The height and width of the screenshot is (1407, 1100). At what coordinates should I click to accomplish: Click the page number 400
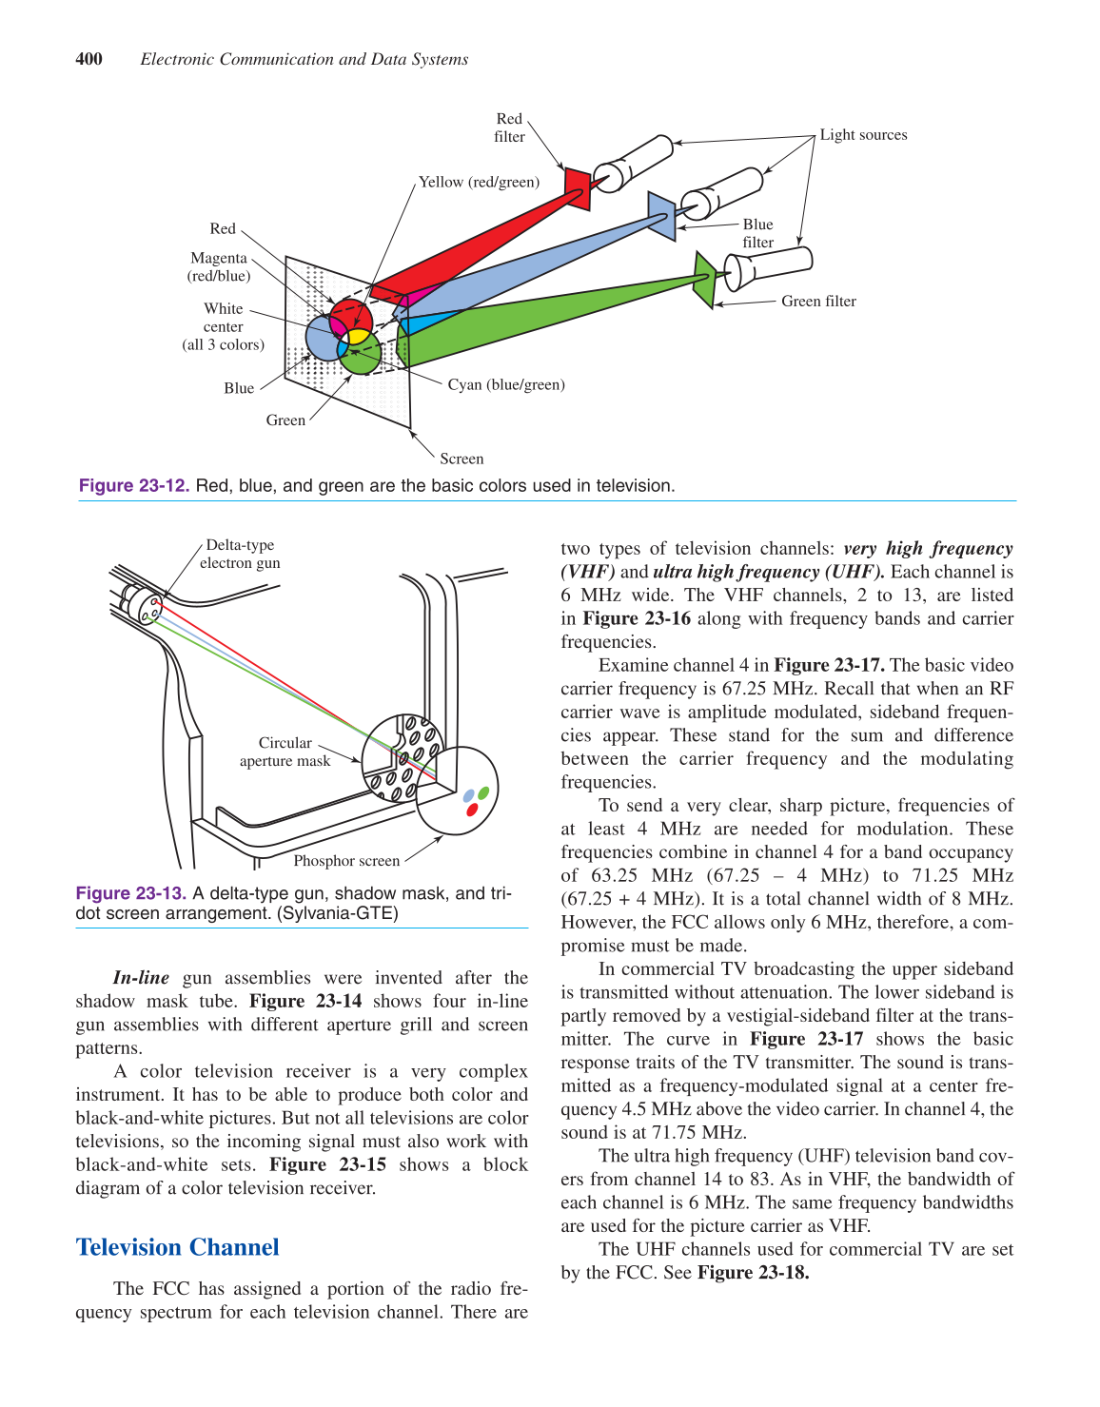click(x=88, y=59)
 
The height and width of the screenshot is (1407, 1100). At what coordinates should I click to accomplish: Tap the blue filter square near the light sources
click(x=661, y=215)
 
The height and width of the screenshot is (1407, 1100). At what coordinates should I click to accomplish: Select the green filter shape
click(x=704, y=280)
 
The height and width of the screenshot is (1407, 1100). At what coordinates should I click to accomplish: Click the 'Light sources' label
click(x=863, y=135)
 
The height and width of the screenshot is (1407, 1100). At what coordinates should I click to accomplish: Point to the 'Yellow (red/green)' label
click(x=479, y=182)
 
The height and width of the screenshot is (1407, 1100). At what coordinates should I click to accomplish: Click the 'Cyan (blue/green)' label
click(x=506, y=384)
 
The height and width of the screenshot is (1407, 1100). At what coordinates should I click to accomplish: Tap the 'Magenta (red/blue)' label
click(x=219, y=267)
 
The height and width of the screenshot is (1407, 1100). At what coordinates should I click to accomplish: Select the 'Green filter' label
click(x=818, y=302)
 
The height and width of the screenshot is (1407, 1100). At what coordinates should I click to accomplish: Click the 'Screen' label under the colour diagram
click(x=462, y=459)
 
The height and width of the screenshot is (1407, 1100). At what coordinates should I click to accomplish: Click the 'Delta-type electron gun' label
click(x=240, y=554)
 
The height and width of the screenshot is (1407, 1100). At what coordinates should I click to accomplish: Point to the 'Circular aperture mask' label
click(x=285, y=752)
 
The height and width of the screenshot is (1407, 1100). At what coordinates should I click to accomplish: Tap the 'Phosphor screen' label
click(x=346, y=861)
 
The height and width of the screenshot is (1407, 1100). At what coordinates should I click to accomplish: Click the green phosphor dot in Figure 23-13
click(x=483, y=792)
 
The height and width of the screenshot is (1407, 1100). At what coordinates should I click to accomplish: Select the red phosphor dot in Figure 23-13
click(x=472, y=810)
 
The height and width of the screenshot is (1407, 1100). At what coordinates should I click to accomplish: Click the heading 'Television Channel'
click(x=178, y=1247)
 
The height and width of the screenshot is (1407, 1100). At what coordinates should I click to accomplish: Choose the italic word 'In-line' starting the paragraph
click(x=141, y=978)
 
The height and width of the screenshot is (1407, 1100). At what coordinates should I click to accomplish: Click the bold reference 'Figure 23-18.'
click(x=753, y=1273)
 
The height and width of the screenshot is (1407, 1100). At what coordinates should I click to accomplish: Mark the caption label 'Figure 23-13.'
click(x=131, y=893)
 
